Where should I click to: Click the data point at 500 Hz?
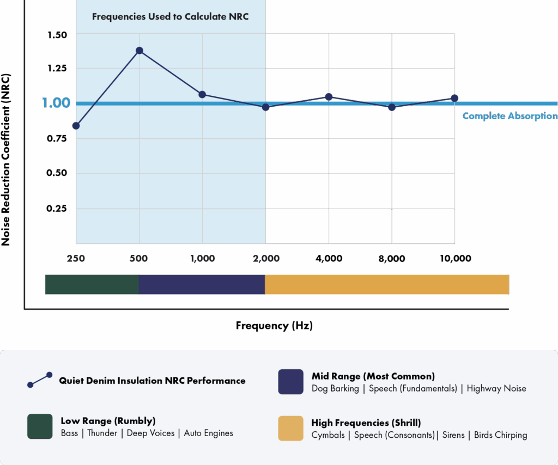[139, 51]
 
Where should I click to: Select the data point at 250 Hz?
[76, 126]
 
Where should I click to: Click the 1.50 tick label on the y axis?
[57, 35]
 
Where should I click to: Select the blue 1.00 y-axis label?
[56, 103]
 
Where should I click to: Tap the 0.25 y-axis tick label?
[57, 209]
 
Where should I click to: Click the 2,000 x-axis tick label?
[266, 259]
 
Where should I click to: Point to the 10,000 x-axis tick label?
[456, 259]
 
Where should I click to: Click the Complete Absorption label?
[510, 116]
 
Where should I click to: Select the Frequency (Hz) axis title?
[275, 326]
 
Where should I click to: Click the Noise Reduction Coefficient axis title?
[5, 160]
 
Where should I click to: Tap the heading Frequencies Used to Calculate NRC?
[171, 17]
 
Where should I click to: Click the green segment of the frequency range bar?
[92, 284]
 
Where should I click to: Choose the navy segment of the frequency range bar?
[202, 284]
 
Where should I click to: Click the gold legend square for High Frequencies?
[291, 429]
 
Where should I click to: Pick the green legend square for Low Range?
[40, 426]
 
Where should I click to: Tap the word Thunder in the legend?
[102, 433]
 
